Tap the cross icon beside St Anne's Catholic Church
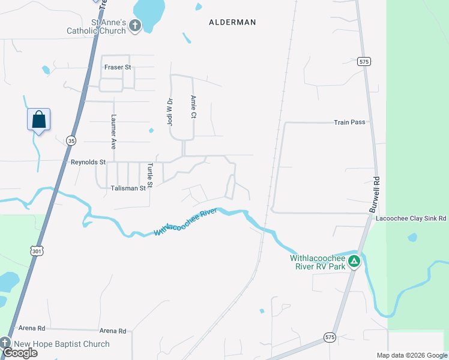click(x=135, y=26)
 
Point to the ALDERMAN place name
click(x=232, y=22)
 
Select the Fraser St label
click(x=117, y=67)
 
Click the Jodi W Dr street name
click(x=169, y=112)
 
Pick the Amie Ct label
click(x=193, y=107)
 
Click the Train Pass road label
click(x=349, y=122)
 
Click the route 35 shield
click(x=71, y=140)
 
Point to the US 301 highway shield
click(x=37, y=251)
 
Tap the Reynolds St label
click(x=88, y=162)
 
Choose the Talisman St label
click(x=128, y=188)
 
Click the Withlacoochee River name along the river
click(x=185, y=222)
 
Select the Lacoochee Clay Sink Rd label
click(x=411, y=219)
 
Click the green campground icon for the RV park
click(x=354, y=261)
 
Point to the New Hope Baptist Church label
click(x=62, y=344)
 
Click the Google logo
click(x=20, y=353)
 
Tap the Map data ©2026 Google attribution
click(x=411, y=355)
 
